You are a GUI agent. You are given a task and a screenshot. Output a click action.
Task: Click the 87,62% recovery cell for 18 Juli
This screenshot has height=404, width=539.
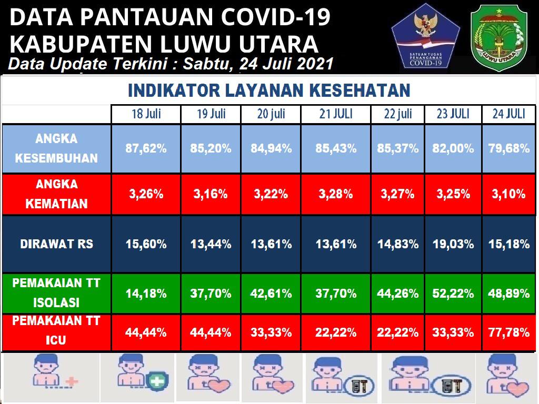click(x=146, y=149)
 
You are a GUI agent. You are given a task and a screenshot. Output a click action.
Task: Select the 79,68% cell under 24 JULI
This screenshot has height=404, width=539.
click(x=509, y=149)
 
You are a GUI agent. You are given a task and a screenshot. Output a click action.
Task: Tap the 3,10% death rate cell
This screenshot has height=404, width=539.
click(x=509, y=194)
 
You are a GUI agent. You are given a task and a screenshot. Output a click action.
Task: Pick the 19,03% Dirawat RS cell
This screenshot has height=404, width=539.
click(x=453, y=244)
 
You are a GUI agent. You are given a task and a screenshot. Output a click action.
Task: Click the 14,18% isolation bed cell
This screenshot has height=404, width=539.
click(x=146, y=294)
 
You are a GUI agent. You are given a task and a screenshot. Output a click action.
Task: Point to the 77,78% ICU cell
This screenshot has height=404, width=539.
click(x=509, y=332)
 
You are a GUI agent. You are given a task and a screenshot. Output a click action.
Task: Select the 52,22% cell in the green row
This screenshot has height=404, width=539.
click(x=453, y=294)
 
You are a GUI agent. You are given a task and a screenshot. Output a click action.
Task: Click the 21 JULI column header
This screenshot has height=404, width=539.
click(x=336, y=114)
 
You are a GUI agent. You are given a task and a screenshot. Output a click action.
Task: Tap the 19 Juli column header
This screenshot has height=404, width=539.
click(x=211, y=114)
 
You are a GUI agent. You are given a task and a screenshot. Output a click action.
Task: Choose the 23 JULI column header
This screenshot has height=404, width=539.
click(x=453, y=114)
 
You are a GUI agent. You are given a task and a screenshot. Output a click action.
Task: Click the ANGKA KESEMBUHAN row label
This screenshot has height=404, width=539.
click(x=56, y=148)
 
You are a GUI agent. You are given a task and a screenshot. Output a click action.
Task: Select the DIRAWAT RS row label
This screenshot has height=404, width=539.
click(x=56, y=244)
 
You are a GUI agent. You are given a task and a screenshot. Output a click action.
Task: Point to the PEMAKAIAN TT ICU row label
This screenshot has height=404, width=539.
click(x=56, y=330)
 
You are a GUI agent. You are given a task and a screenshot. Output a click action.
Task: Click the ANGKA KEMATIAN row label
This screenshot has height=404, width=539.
click(x=56, y=194)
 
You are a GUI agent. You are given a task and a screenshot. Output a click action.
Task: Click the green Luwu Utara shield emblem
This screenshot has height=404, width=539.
click(x=499, y=37)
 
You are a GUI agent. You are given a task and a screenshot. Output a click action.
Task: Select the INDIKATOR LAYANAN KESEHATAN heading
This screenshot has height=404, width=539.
click(x=269, y=90)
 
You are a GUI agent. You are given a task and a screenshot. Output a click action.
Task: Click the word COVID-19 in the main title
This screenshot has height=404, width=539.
click(x=276, y=17)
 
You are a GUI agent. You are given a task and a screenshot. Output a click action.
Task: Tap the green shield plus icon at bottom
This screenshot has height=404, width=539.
click(x=157, y=381)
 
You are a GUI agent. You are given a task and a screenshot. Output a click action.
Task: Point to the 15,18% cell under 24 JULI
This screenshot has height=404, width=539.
click(x=509, y=244)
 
